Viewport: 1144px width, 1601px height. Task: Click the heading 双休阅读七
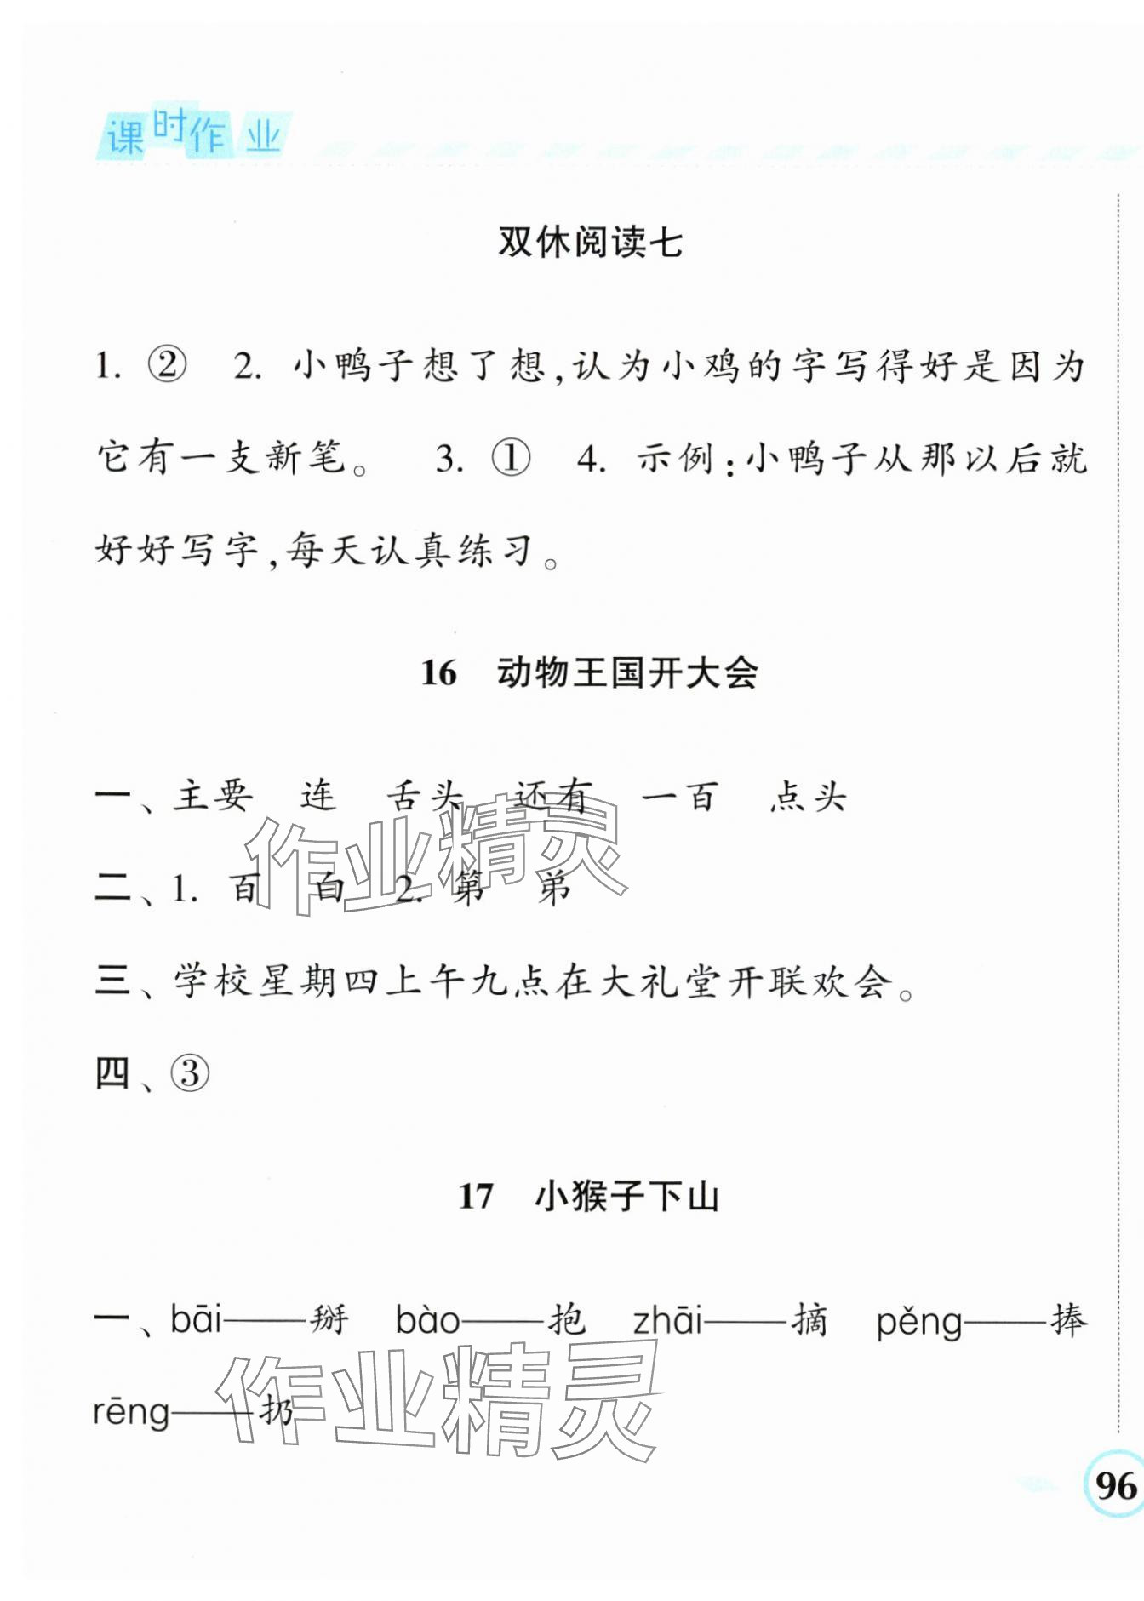coord(590,243)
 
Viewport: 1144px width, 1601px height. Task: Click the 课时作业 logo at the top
coord(193,134)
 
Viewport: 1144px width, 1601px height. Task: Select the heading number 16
coord(438,673)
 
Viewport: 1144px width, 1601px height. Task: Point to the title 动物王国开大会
coord(627,673)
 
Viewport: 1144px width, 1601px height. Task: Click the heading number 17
coord(476,1197)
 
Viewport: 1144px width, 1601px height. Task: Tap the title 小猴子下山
coord(627,1197)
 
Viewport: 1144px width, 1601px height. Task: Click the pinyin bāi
coord(196,1320)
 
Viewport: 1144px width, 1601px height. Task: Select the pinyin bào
coord(427,1320)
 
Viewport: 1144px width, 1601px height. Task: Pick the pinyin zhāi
coord(667,1320)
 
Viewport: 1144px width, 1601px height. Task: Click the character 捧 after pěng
coord(1068,1320)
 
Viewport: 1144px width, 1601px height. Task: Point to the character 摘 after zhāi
coord(809,1320)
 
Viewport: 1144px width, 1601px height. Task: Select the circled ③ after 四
coord(190,1073)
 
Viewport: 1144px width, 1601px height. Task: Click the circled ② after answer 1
coord(167,366)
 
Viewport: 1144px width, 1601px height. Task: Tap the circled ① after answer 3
coord(511,459)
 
